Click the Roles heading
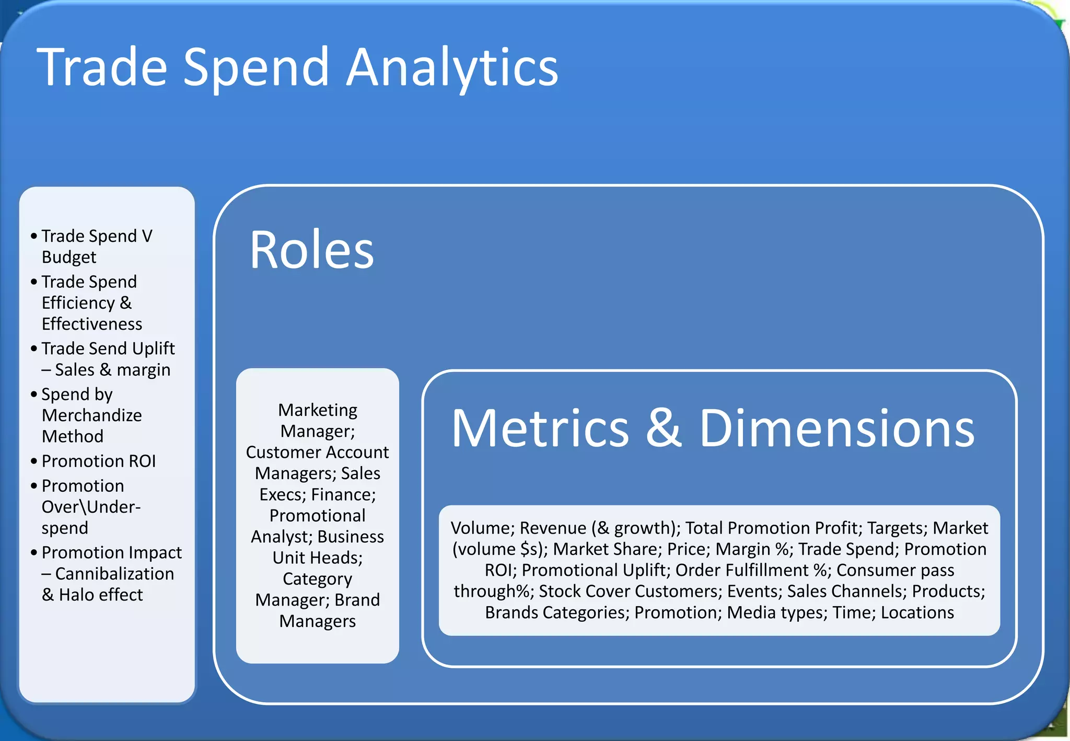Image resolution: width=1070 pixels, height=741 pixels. click(x=312, y=250)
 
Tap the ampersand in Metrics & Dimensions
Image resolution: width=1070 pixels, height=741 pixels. click(x=664, y=428)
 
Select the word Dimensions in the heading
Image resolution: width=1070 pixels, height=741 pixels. click(x=836, y=428)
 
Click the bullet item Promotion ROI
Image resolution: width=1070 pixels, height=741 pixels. click(x=99, y=461)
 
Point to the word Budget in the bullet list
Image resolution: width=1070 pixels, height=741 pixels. click(x=69, y=257)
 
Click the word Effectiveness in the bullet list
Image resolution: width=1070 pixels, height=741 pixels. click(x=92, y=324)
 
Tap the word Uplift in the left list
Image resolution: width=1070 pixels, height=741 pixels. click(x=153, y=348)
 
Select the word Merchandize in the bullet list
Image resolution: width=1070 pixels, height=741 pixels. click(x=92, y=415)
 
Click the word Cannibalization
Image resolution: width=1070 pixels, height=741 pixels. click(x=114, y=574)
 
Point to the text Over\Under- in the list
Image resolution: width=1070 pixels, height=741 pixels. click(x=91, y=507)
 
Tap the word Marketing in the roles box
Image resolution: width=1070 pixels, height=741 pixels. click(x=318, y=410)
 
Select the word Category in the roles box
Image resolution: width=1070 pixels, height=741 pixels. click(x=318, y=579)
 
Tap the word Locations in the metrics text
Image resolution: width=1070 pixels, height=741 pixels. click(x=917, y=612)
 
